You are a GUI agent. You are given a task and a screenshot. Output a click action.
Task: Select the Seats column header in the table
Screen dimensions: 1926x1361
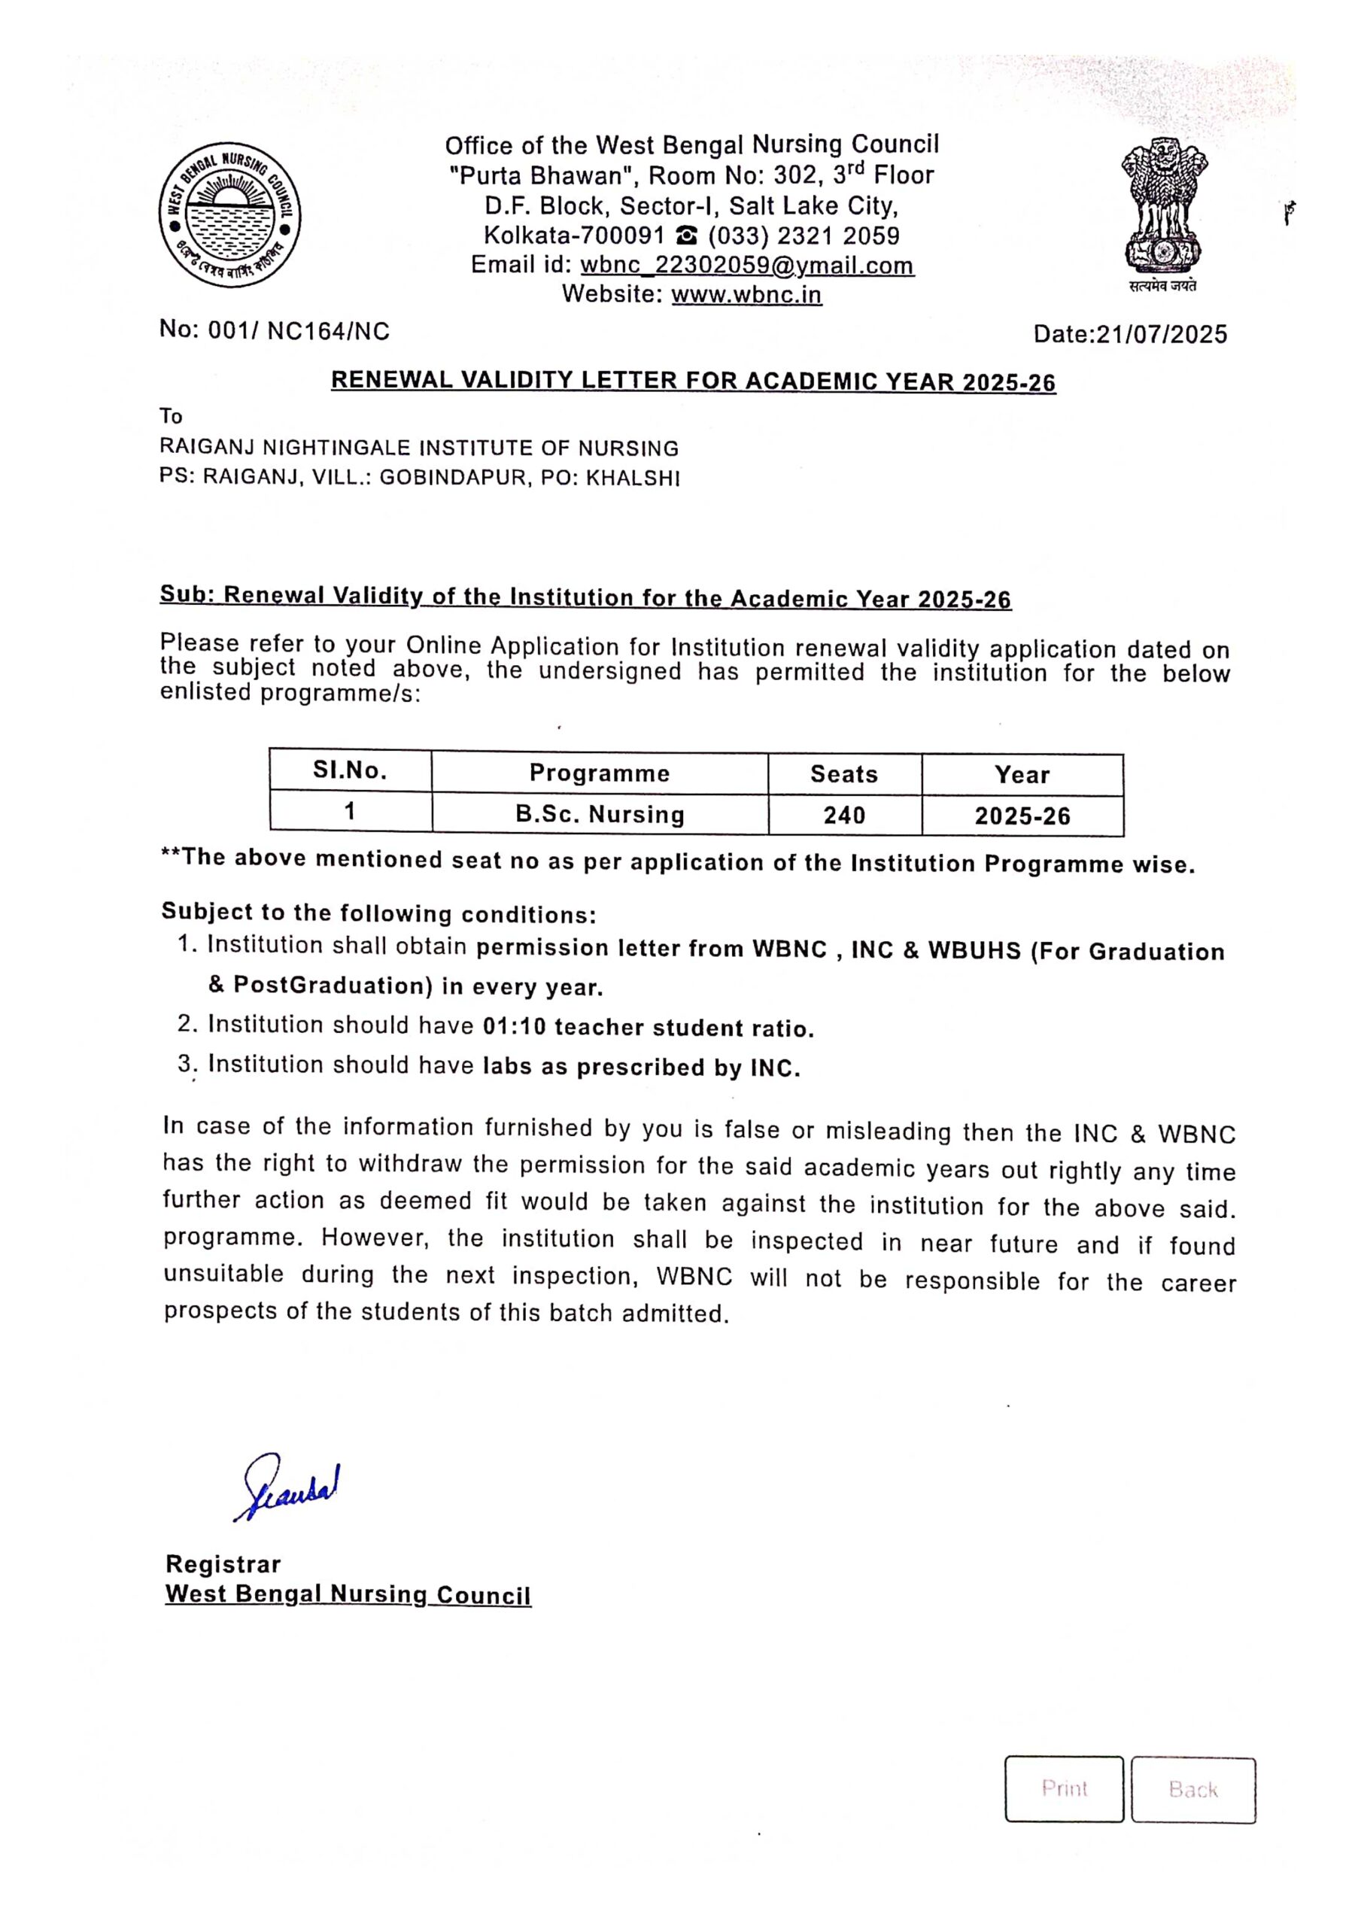tap(843, 773)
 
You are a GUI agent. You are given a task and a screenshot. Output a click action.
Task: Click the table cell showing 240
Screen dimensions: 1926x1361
tap(843, 815)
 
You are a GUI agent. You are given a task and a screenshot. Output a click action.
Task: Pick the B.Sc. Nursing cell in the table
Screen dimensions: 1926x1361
tap(599, 814)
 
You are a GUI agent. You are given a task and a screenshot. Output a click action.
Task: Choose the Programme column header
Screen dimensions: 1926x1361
tap(599, 773)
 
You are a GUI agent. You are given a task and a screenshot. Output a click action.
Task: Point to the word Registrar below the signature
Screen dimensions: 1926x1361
tap(223, 1563)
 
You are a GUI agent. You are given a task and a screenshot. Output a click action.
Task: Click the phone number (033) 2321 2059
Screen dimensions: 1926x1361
tap(803, 235)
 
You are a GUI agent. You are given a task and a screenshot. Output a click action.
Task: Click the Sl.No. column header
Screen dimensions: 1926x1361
tap(350, 771)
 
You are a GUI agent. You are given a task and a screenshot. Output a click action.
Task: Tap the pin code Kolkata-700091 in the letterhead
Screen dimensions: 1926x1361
tap(574, 235)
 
